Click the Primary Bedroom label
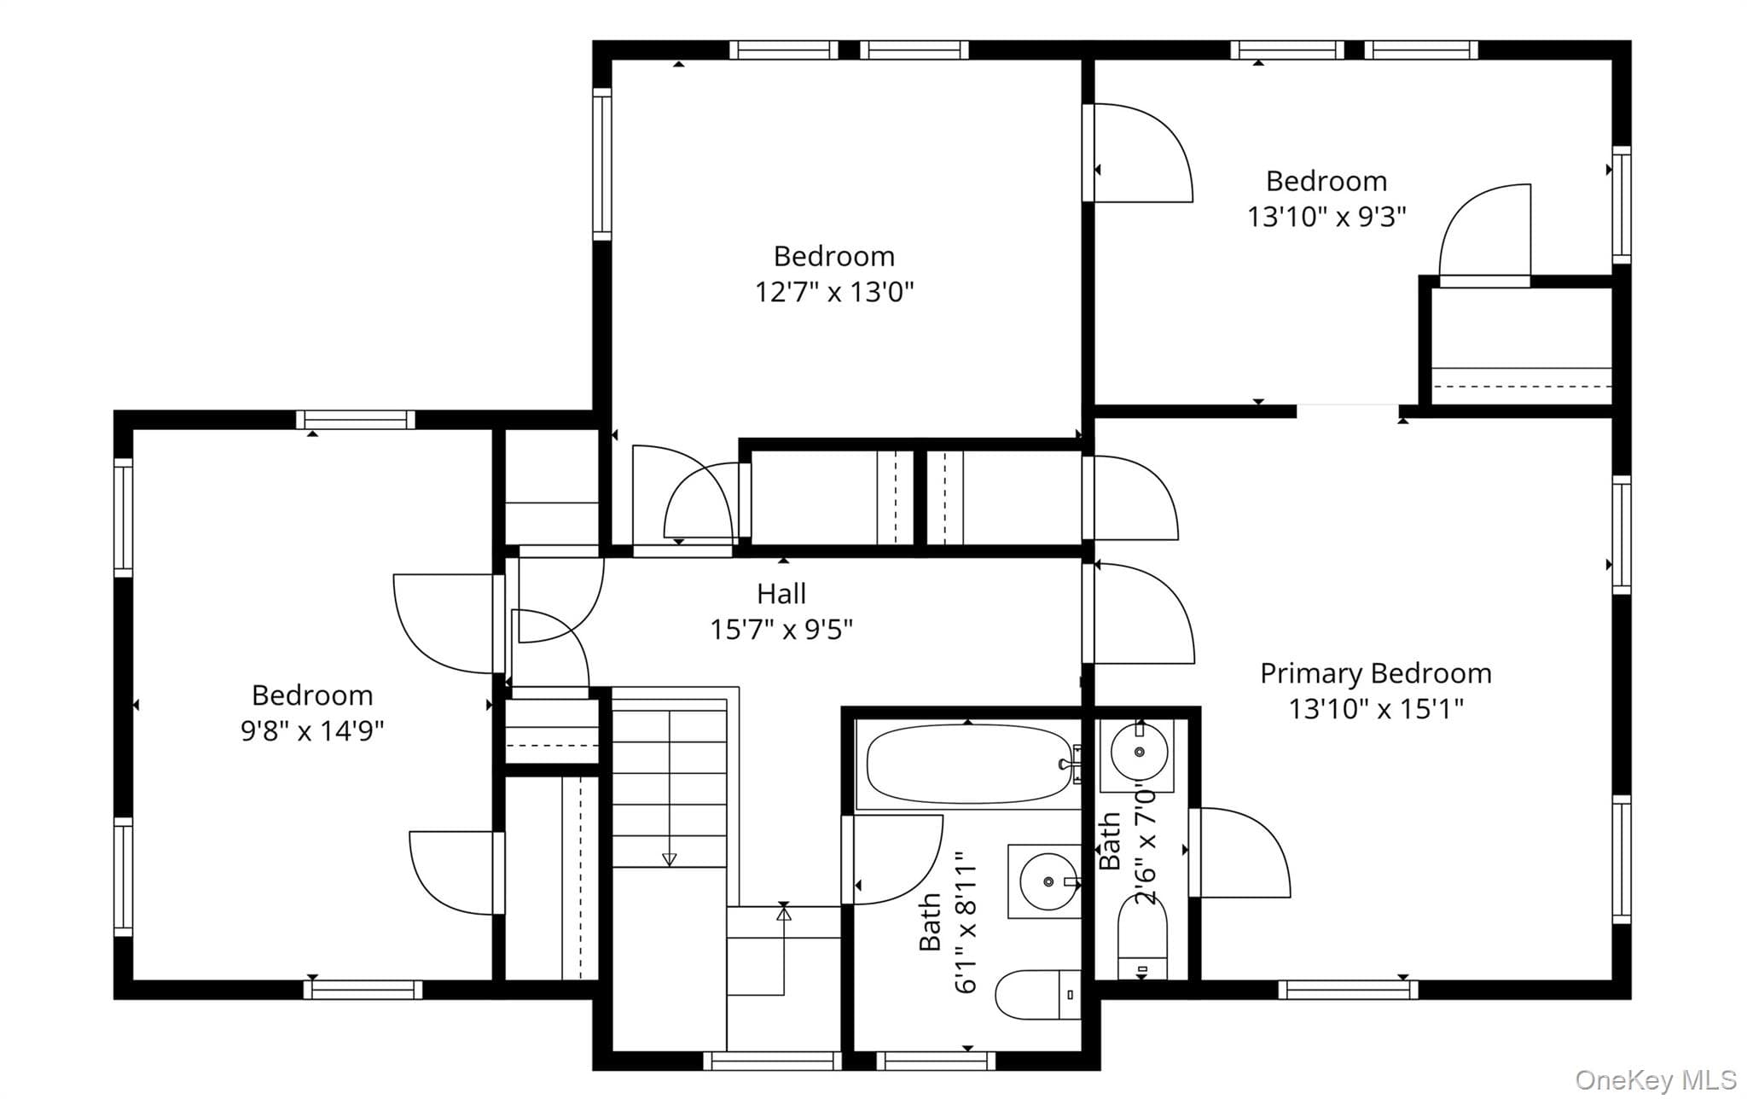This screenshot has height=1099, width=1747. tap(1376, 674)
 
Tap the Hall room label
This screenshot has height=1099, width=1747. tap(781, 594)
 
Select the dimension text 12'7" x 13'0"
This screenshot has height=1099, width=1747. tap(834, 292)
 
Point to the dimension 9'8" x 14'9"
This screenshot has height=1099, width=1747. tap(312, 731)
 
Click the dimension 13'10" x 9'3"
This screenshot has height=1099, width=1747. tap(1326, 217)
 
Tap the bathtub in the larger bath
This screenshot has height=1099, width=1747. tap(969, 764)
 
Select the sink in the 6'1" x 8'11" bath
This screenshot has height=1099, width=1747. tap(1045, 881)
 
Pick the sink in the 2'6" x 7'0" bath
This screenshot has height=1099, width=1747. tap(1139, 752)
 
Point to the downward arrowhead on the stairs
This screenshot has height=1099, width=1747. tap(670, 859)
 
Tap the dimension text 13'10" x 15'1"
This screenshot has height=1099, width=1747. tap(1376, 709)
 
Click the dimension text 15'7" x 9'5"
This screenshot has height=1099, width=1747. tap(781, 630)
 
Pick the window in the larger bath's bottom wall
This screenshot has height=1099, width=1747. tap(936, 1061)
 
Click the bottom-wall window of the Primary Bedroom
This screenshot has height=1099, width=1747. tap(1348, 990)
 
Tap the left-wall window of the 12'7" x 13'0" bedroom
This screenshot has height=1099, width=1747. tap(602, 164)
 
